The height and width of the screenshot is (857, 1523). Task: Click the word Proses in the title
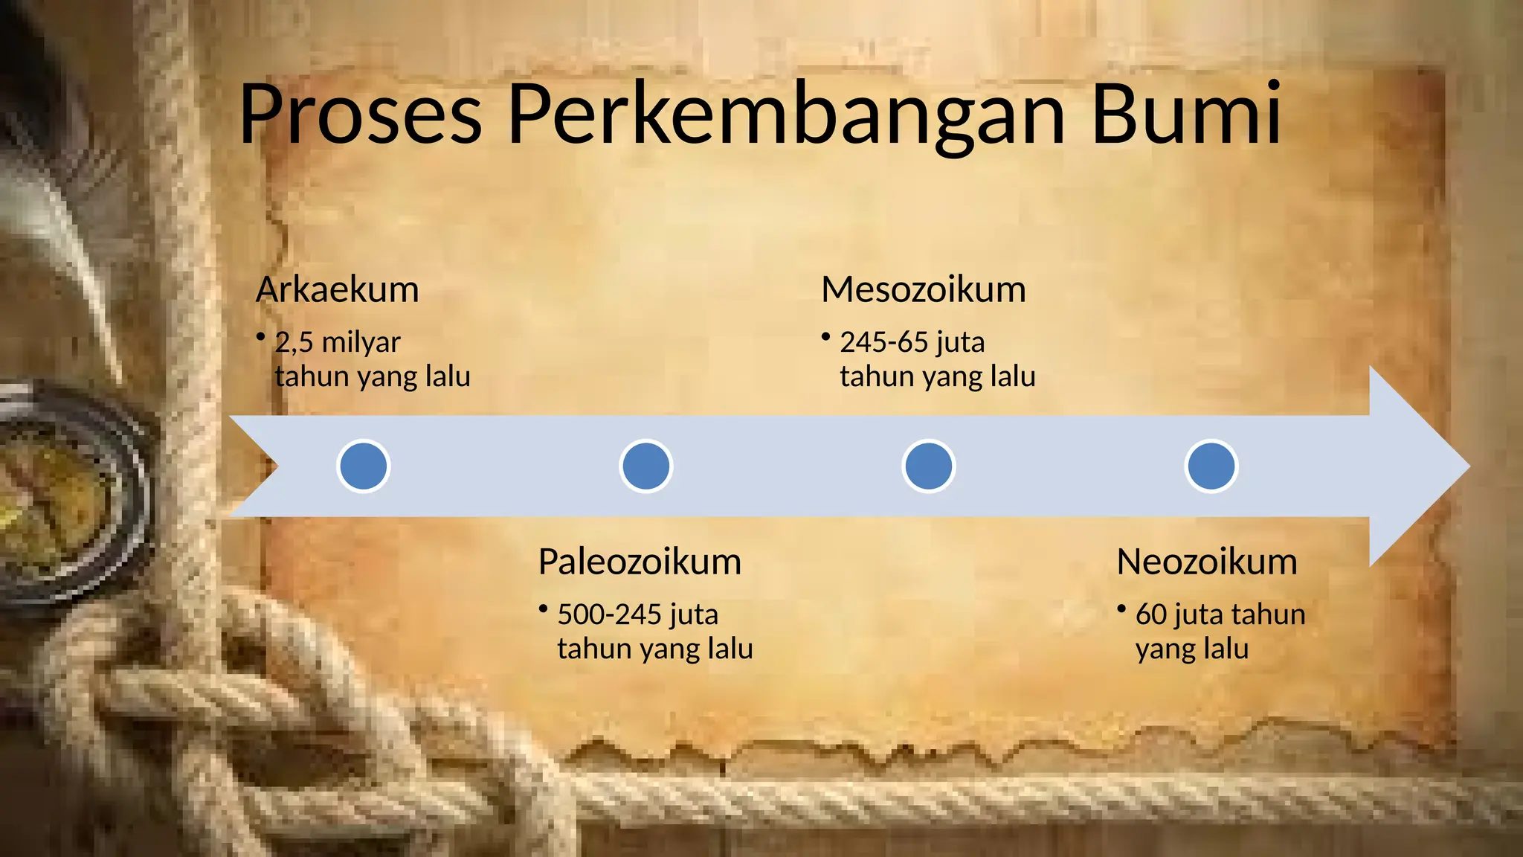361,115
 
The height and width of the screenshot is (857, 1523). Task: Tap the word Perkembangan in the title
787,115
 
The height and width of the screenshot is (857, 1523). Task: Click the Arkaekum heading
338,289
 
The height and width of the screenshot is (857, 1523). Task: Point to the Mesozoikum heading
924,289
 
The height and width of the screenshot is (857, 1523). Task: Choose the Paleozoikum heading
640,562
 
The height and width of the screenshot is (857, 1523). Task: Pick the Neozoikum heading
1206,562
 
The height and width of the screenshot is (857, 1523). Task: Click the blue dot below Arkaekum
364,466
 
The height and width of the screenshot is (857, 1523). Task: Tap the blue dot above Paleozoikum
646,466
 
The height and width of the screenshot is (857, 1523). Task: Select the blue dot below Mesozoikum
929,466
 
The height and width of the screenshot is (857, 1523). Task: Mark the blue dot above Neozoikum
1211,466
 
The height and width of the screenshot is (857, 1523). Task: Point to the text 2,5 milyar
338,342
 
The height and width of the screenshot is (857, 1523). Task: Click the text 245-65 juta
912,342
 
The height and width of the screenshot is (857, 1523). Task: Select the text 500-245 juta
638,614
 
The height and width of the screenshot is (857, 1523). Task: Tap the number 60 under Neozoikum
1151,614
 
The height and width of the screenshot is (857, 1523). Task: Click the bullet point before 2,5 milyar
261,338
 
